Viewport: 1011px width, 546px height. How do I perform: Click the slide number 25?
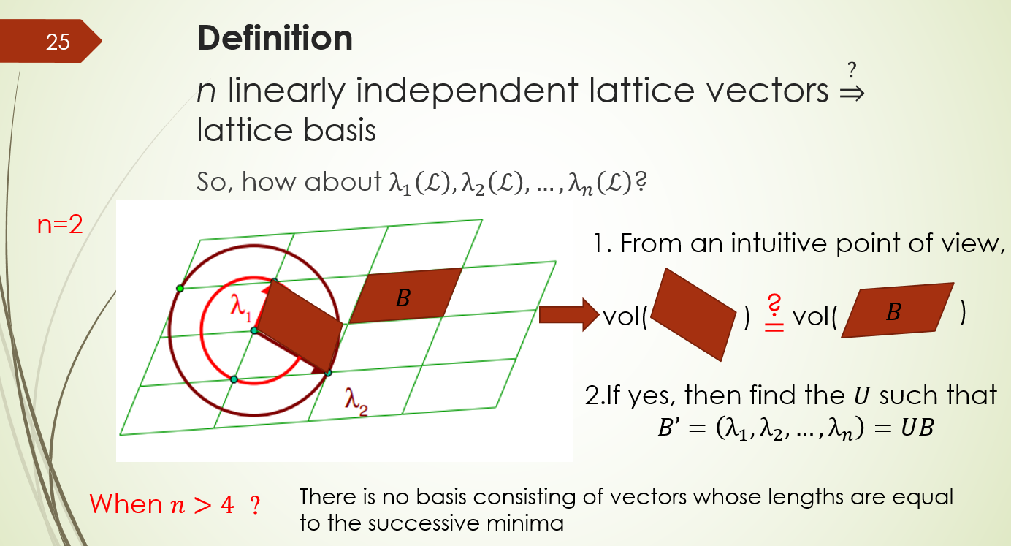pyautogui.click(x=57, y=42)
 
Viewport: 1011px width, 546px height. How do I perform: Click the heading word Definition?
pyautogui.click(x=275, y=38)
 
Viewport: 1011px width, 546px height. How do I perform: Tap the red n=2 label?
pyautogui.click(x=60, y=225)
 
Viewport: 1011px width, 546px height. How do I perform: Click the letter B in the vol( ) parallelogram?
pyautogui.click(x=893, y=311)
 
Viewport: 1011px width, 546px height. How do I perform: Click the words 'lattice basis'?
pyautogui.click(x=286, y=131)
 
